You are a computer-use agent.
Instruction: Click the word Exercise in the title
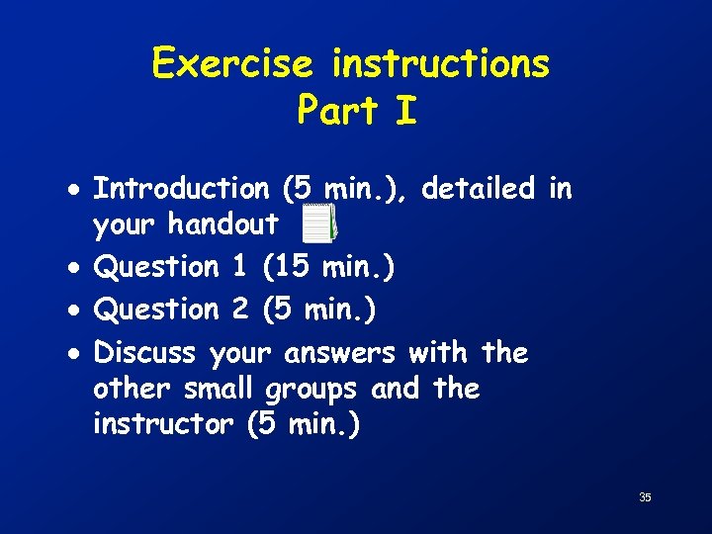coord(232,64)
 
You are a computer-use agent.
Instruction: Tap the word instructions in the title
coord(440,64)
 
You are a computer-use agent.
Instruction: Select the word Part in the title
coord(339,111)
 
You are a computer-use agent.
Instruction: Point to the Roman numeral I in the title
coord(405,111)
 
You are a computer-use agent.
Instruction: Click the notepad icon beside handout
coord(318,223)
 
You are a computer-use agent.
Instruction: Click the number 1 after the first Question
coord(238,267)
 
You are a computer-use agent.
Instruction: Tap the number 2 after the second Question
coord(239,310)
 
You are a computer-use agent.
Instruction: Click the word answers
coord(339,353)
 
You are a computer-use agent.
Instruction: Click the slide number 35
coord(645,497)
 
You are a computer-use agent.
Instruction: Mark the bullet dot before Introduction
coord(77,189)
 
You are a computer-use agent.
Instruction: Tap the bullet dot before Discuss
coord(77,353)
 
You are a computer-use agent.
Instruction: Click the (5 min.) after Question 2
coord(318,310)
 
